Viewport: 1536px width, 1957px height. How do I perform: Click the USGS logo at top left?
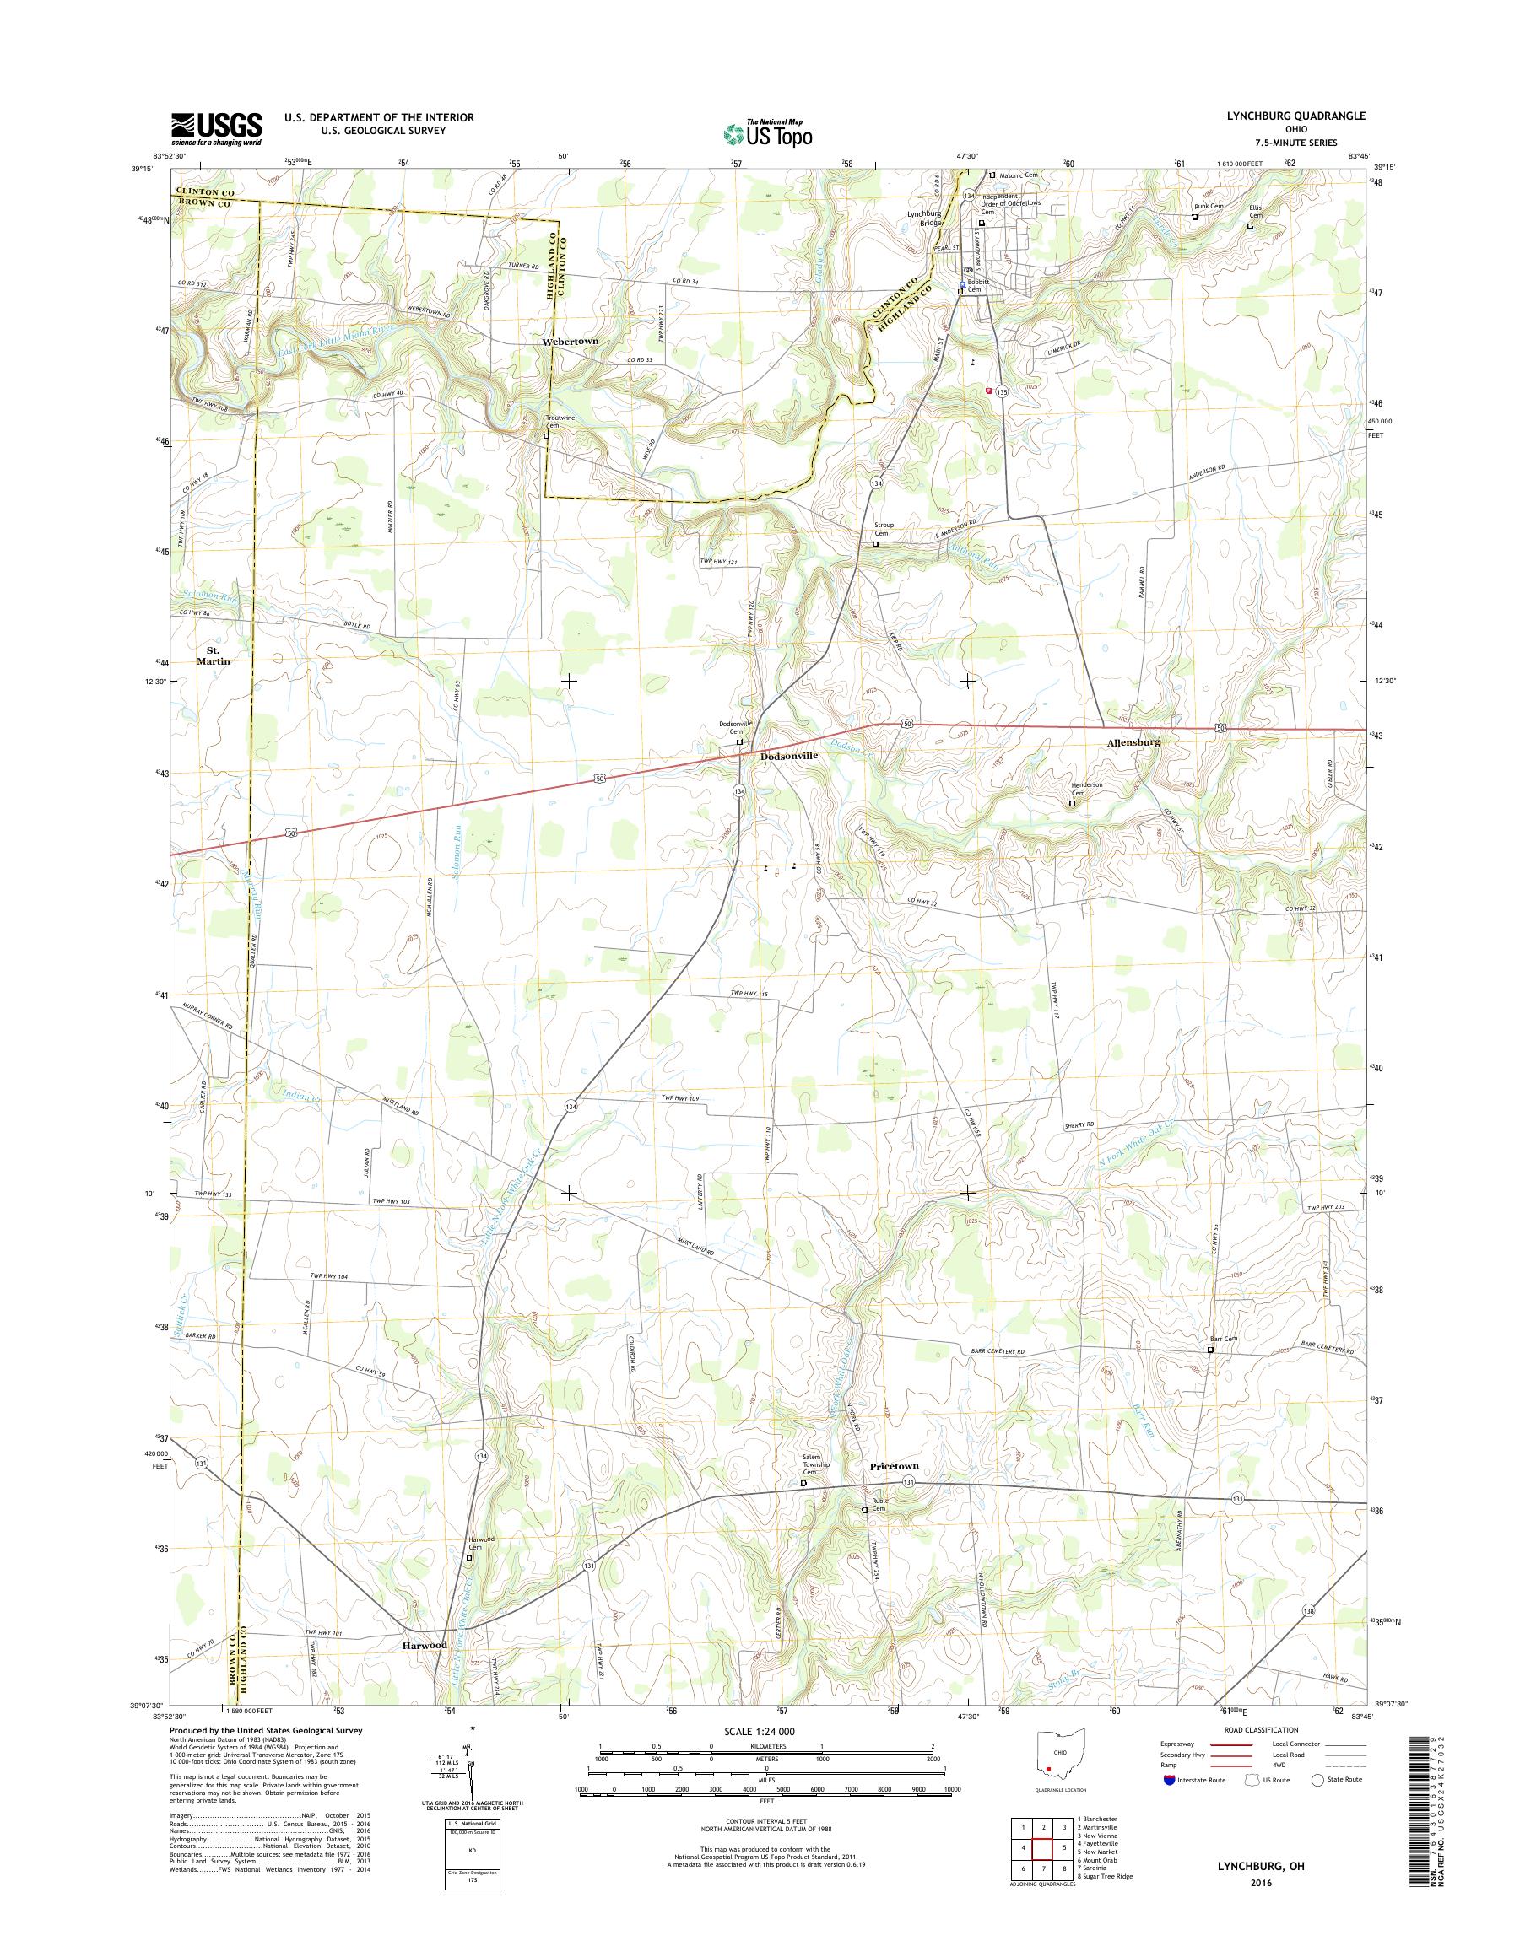click(x=217, y=128)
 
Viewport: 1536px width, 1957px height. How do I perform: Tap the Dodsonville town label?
click(x=789, y=756)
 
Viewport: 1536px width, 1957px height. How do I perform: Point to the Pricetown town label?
click(x=894, y=1465)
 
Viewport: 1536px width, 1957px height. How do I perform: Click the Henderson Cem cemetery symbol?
click(x=1071, y=805)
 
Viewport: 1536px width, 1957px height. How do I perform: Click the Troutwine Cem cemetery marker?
click(x=546, y=437)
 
